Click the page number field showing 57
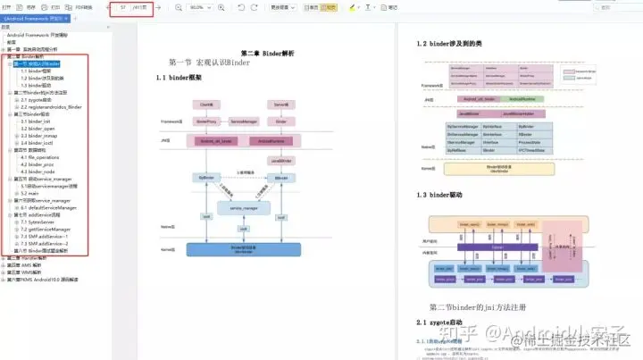click(122, 7)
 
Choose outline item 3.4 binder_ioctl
click(37, 142)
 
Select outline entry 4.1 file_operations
click(41, 157)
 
